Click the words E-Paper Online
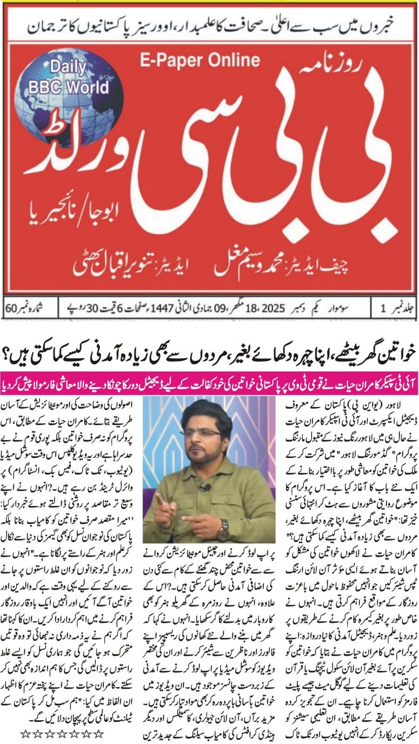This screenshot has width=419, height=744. (x=200, y=60)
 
